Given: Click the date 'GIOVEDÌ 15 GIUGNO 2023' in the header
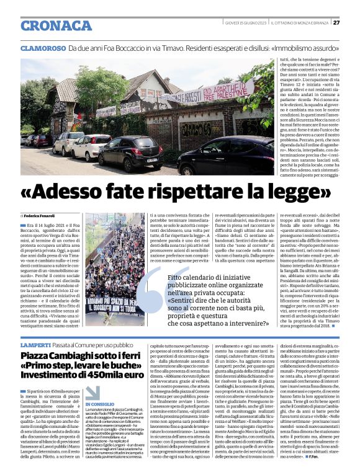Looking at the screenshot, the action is [x=246, y=23].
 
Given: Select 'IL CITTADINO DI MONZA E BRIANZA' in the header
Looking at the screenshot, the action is [x=300, y=23].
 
